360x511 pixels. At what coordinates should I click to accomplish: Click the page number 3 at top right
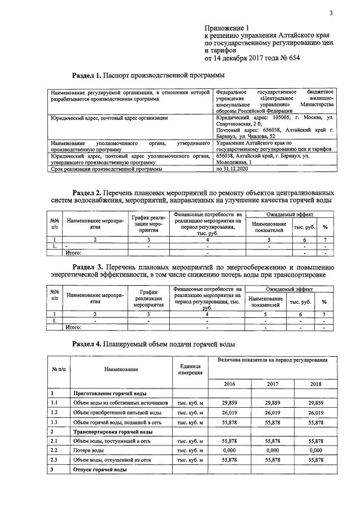(x=332, y=14)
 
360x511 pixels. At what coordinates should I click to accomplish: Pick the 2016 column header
(x=230, y=383)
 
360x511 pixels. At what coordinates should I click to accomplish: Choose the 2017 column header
(x=273, y=383)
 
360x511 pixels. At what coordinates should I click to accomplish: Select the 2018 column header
(x=315, y=383)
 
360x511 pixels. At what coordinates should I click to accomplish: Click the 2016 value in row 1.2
(x=230, y=413)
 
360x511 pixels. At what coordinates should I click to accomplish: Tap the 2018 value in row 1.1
(x=315, y=403)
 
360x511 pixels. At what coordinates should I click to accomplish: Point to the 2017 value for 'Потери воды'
(x=273, y=451)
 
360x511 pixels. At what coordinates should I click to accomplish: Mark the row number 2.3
(x=55, y=460)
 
